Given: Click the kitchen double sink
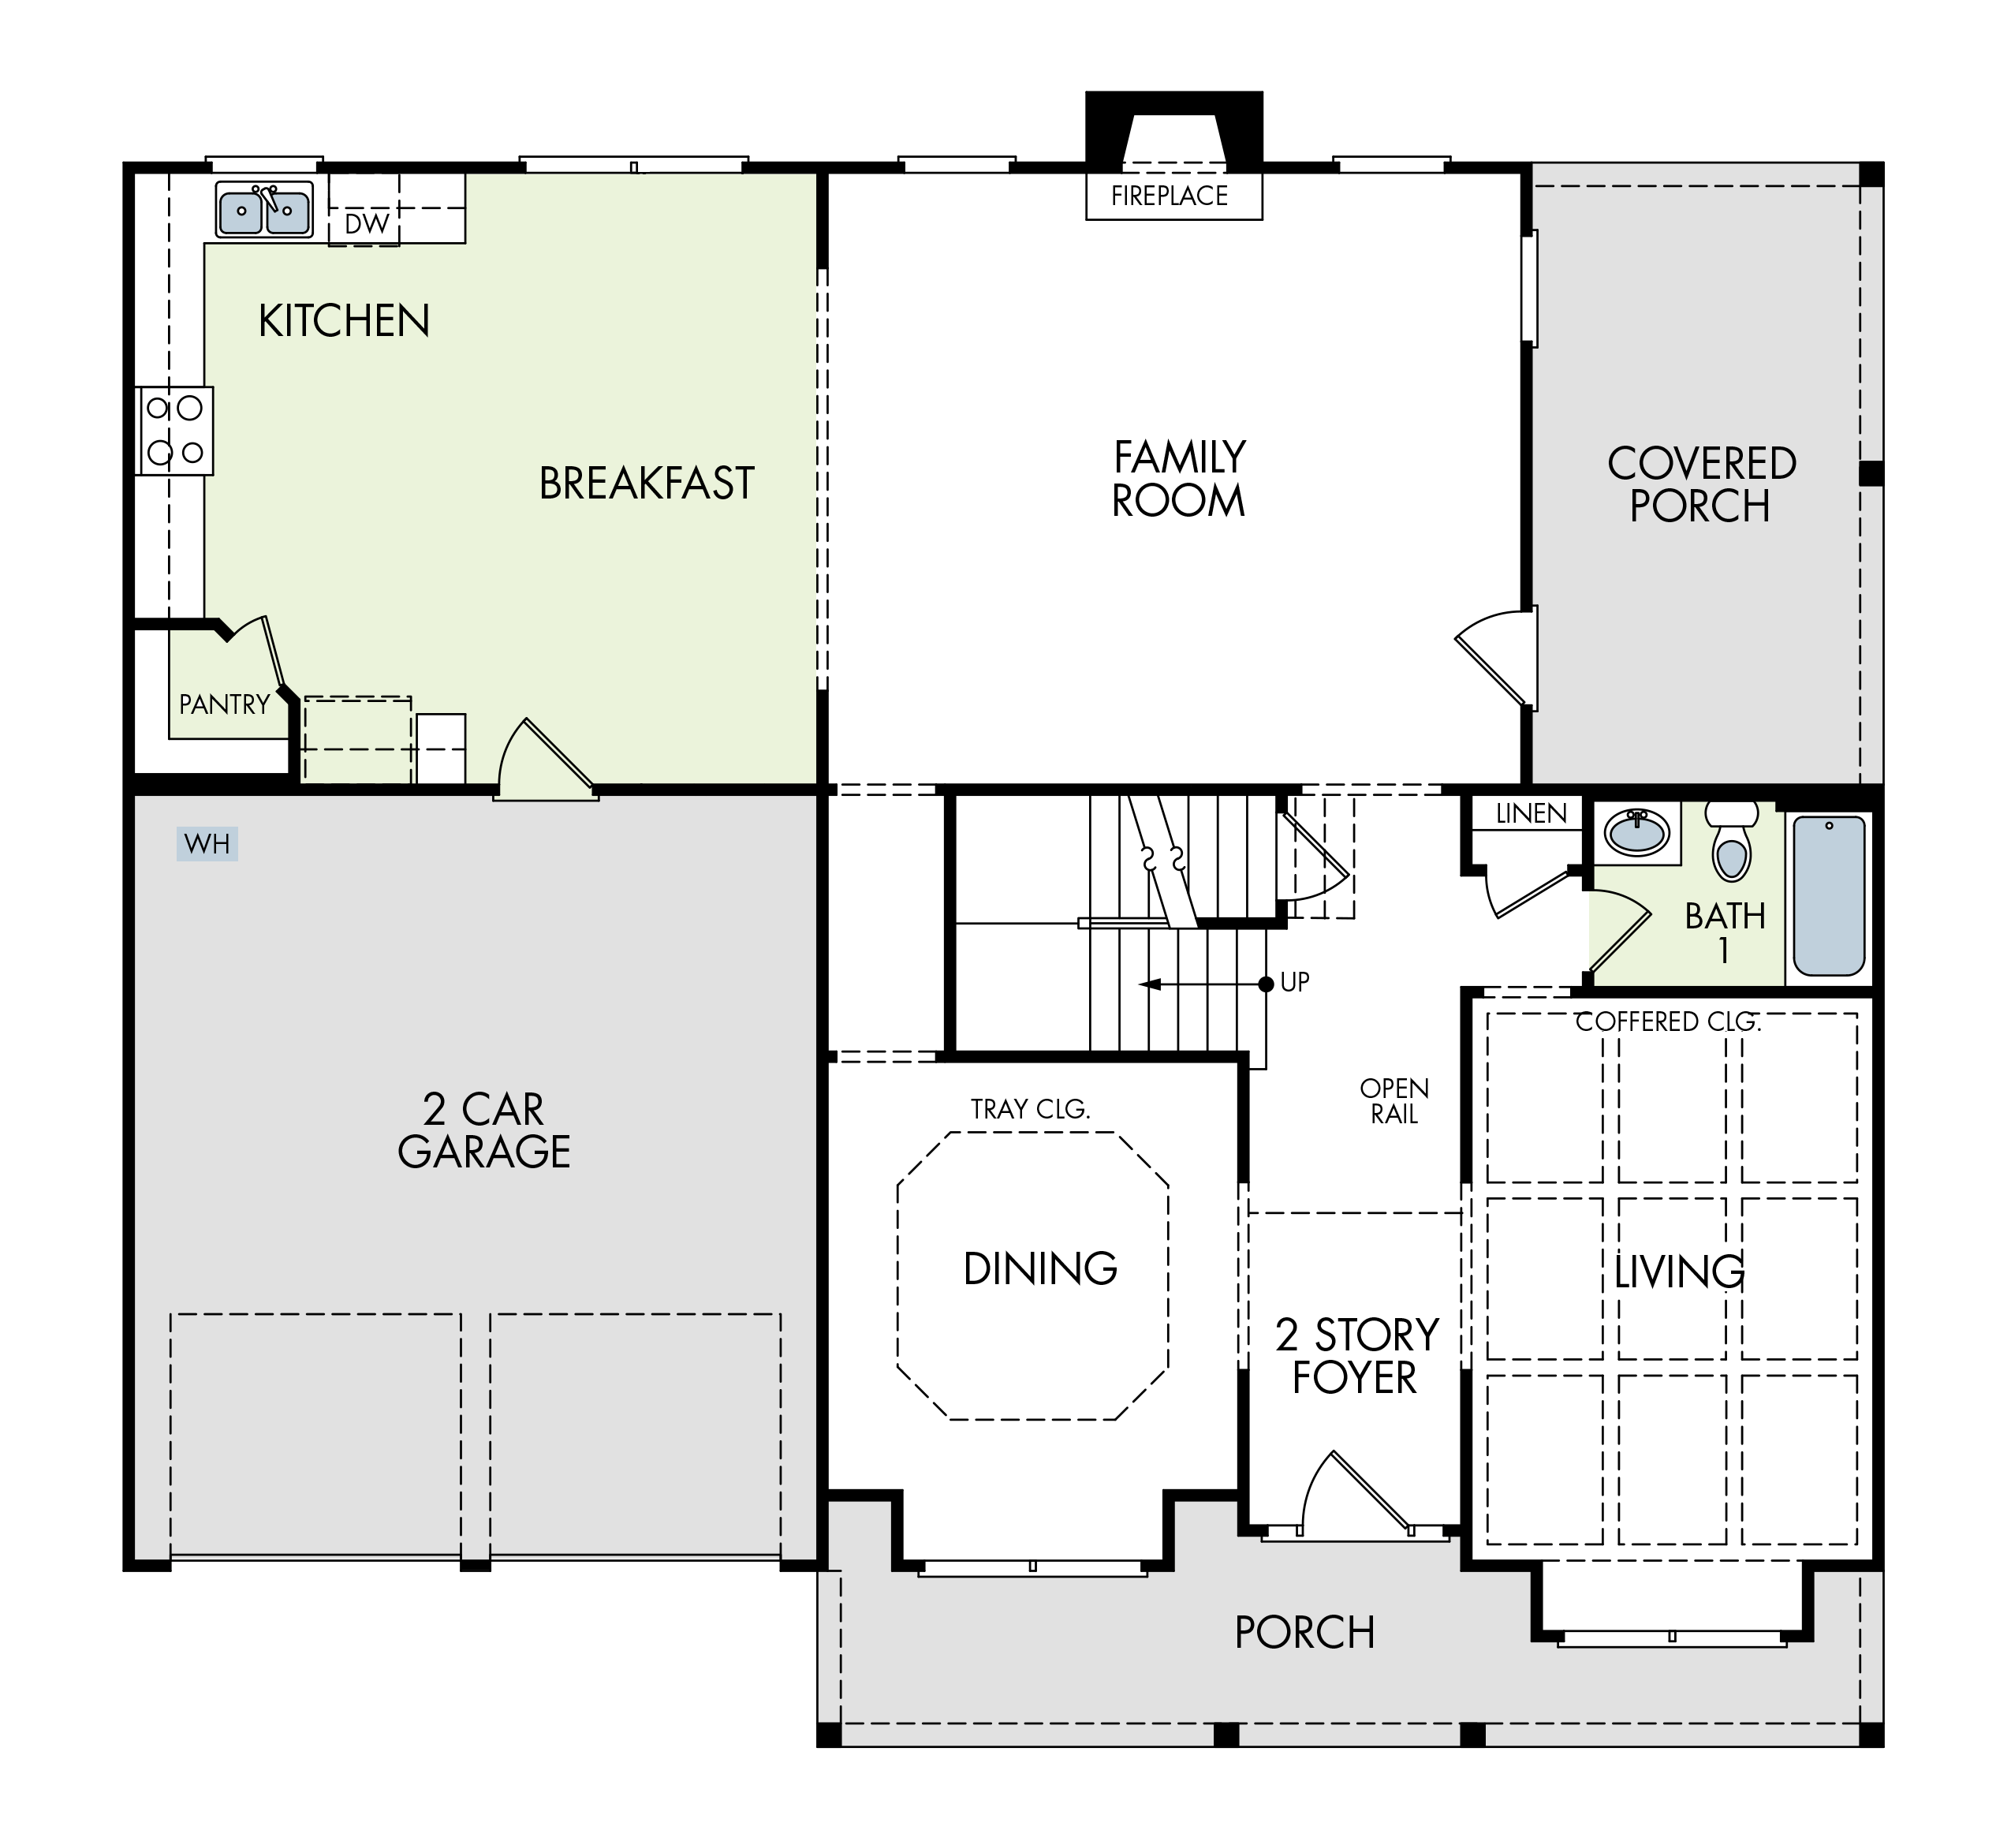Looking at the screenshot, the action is pos(264,210).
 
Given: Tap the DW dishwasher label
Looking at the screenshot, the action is pos(366,223).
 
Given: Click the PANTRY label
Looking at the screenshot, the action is pos(225,704).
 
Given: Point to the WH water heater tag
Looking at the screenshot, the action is pos(207,844).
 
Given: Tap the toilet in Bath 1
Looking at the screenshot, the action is pos(1732,840).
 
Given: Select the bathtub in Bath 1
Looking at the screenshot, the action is pos(1830,896).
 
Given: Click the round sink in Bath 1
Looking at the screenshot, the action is pos(1637,832).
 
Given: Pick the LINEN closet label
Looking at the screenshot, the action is pos(1532,813).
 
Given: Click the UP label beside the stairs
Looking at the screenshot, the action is pos(1295,983).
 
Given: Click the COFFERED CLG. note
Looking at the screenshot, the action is pos(1669,1021).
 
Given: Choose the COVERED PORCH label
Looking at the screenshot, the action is pos(1702,485).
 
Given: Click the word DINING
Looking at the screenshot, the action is pos(1040,1268).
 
